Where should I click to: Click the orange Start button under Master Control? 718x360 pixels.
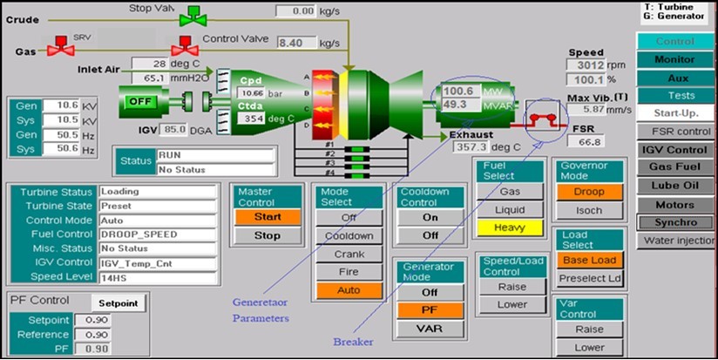[x=267, y=216]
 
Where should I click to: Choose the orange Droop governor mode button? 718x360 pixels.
[x=589, y=192]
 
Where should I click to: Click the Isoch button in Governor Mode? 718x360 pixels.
[x=589, y=211]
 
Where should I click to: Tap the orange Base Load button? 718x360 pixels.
[x=589, y=260]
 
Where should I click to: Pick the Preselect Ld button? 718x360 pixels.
[x=589, y=279]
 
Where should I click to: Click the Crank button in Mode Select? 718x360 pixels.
[x=349, y=255]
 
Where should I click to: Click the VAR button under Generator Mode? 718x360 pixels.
[x=430, y=329]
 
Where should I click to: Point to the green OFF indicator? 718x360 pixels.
[x=140, y=101]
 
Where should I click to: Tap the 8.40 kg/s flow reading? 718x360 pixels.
[x=295, y=42]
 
